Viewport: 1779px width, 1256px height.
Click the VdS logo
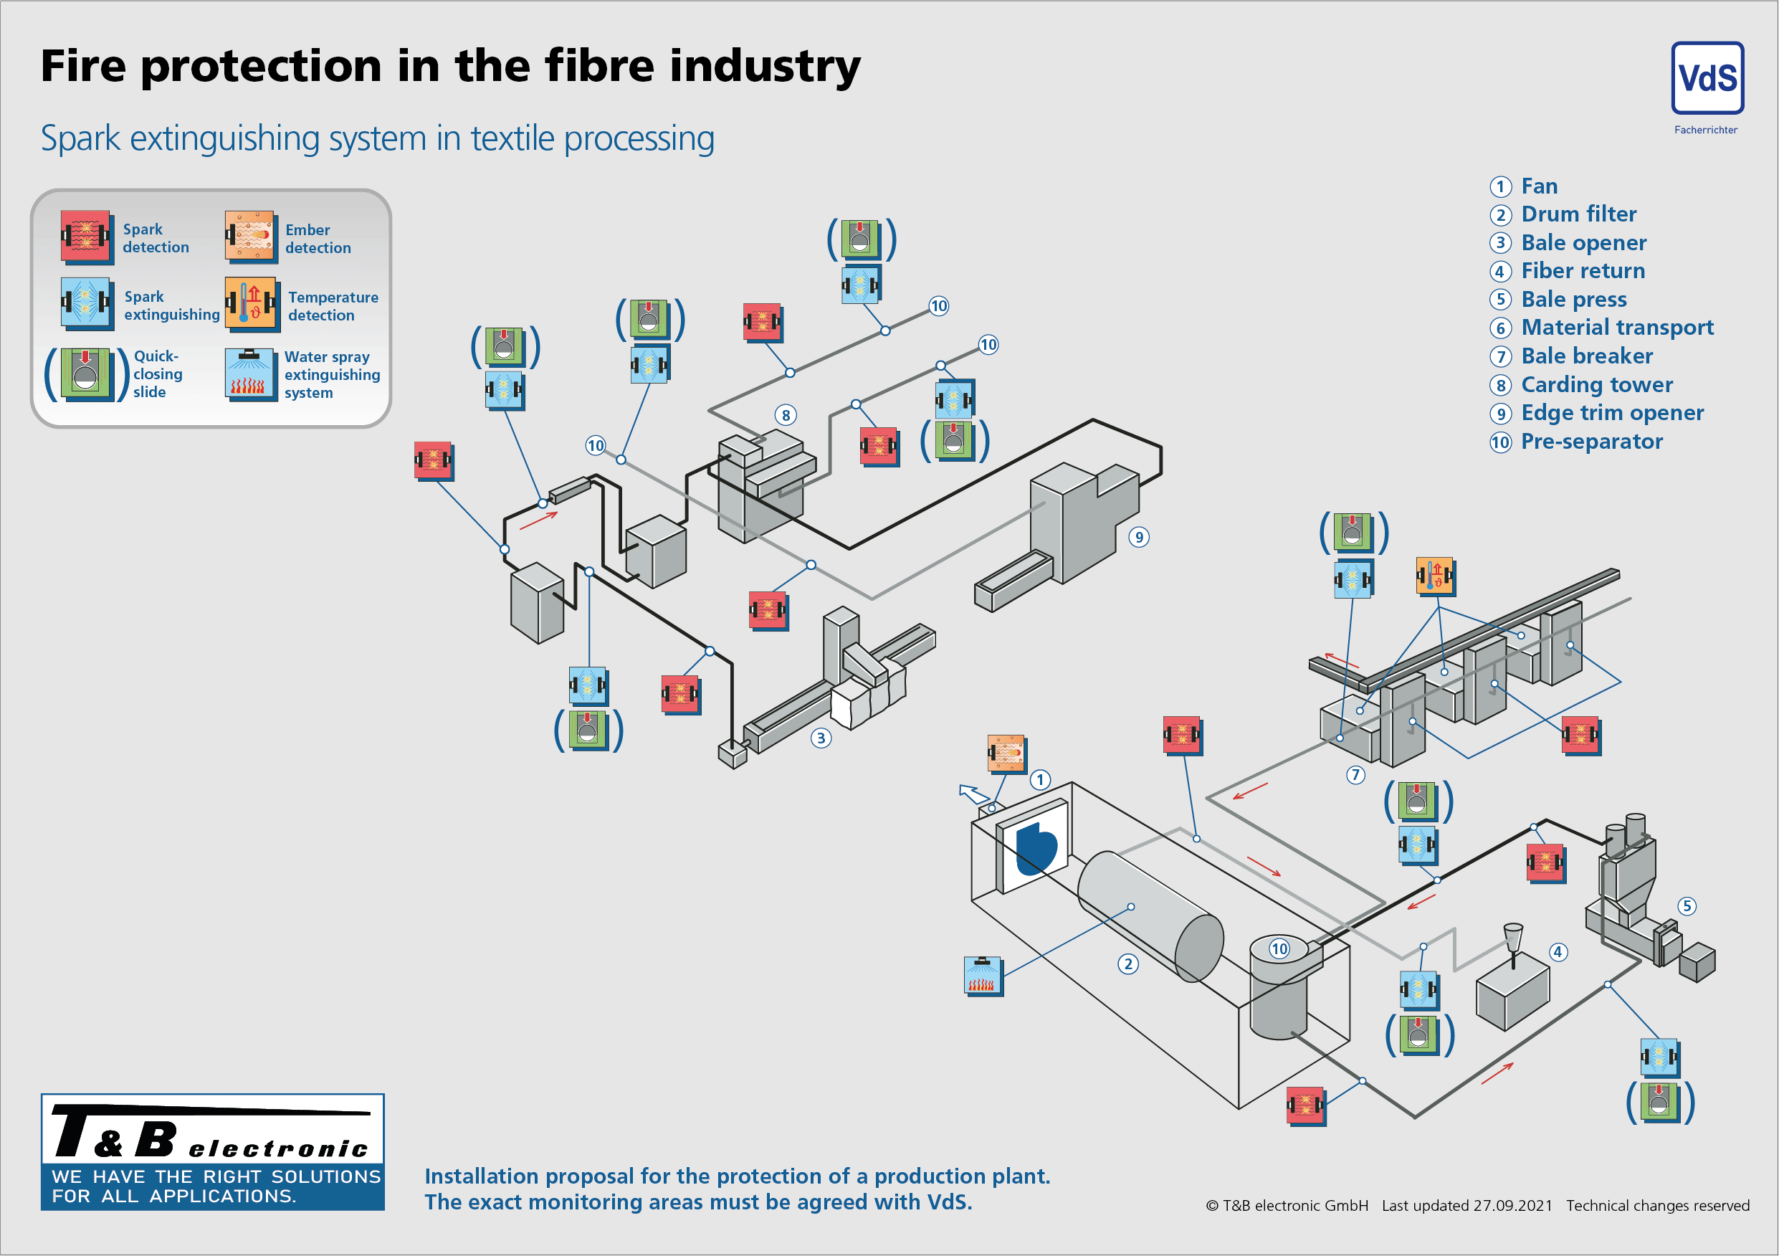(1707, 78)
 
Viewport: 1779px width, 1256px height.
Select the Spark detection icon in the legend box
(85, 236)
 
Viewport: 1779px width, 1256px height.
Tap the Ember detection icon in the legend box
(249, 236)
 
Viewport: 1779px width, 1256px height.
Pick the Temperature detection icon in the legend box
(250, 303)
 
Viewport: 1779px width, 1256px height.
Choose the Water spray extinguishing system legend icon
(250, 374)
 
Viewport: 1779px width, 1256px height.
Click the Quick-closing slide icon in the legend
(86, 374)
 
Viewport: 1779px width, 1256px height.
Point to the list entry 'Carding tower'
(1596, 384)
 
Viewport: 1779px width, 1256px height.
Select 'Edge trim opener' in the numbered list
(1612, 413)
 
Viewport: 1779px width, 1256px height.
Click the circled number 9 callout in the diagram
(1138, 537)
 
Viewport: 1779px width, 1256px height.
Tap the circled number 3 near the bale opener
(821, 738)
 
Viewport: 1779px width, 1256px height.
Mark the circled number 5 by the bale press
(1687, 907)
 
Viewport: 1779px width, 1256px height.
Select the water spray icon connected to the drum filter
(983, 976)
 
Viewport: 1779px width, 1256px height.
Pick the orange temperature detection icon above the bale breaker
(1435, 576)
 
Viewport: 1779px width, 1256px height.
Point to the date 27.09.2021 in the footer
(1512, 1206)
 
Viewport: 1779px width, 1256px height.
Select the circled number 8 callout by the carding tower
(786, 415)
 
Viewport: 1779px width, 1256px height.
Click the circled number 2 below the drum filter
(1127, 964)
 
